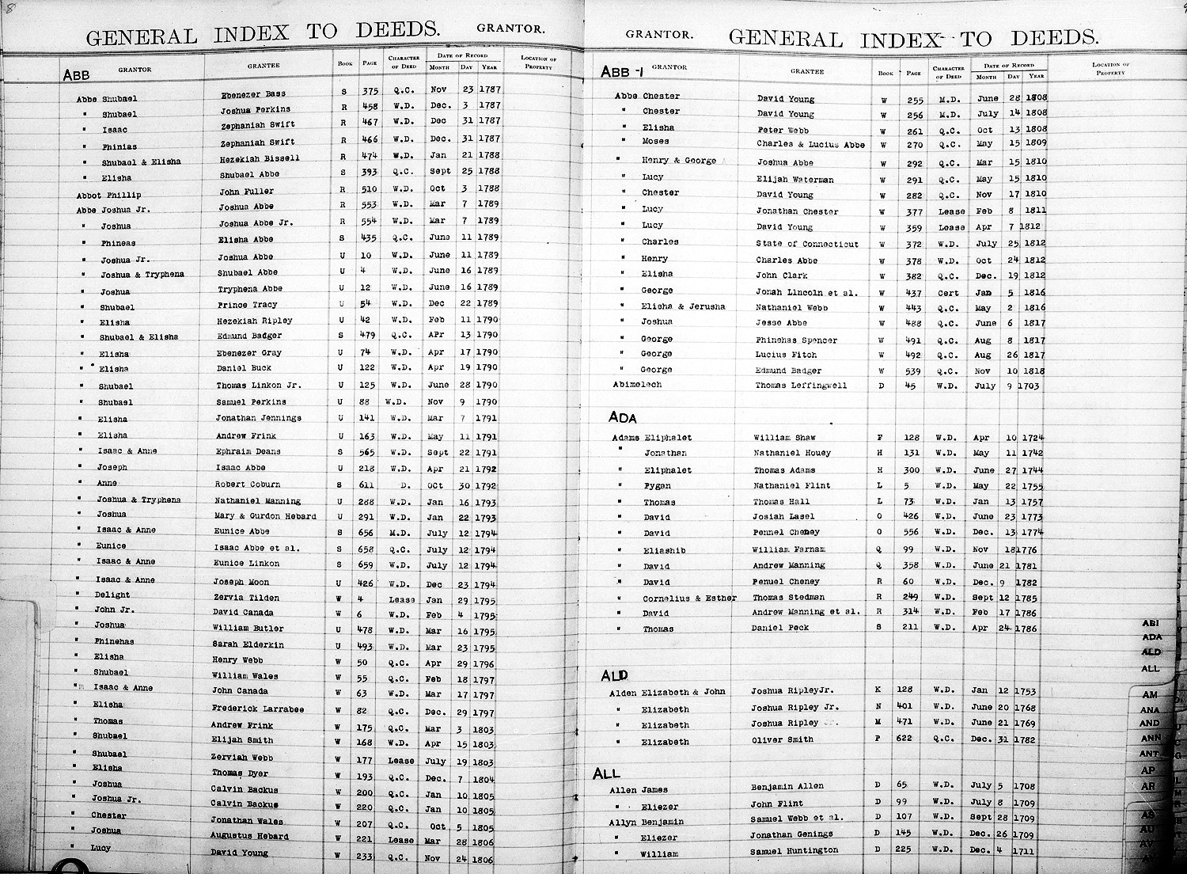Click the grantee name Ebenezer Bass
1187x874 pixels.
(x=253, y=94)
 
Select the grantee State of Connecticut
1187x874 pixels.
(x=806, y=244)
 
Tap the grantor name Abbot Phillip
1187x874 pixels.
(x=109, y=195)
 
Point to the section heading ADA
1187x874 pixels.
(x=622, y=417)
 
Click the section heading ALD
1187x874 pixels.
(x=615, y=675)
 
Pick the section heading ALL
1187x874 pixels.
(x=606, y=773)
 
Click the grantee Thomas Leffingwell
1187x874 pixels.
(x=801, y=386)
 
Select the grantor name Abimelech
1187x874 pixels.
(x=637, y=385)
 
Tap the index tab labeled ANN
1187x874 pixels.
(x=1150, y=739)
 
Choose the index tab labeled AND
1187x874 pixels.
(x=1150, y=723)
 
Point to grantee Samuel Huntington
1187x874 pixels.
(x=794, y=850)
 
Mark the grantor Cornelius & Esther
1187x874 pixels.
(x=688, y=598)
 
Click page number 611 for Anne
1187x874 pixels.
(x=370, y=484)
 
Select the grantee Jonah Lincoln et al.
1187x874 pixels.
(x=806, y=292)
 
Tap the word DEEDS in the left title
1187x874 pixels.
(x=397, y=31)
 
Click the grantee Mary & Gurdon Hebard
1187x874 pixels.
(x=265, y=516)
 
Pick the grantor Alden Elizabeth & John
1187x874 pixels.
(x=667, y=692)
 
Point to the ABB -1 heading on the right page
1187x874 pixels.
(x=620, y=72)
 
